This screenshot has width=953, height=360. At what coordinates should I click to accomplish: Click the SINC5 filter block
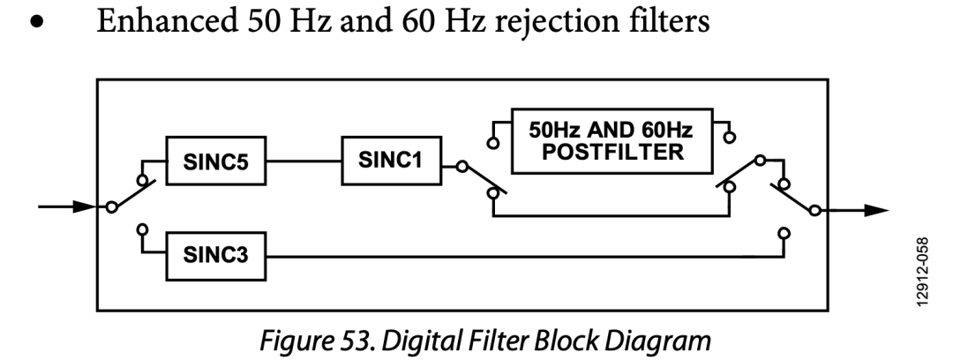tap(215, 164)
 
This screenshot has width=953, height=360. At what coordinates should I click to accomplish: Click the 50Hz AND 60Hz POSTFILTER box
tap(612, 141)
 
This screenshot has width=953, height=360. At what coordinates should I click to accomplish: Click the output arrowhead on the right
tap(873, 210)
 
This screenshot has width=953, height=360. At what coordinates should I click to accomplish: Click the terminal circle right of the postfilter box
tap(730, 138)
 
